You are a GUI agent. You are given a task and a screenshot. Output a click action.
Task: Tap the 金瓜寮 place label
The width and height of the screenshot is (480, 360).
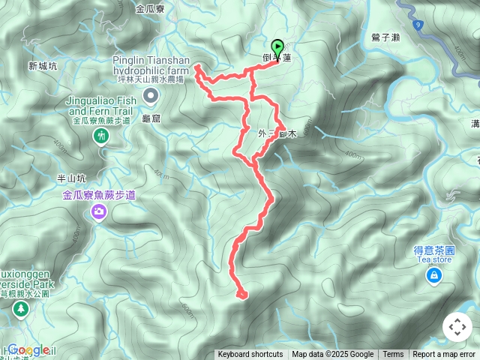[x=150, y=10]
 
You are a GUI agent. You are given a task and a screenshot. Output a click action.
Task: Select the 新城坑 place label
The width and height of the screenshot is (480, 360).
[x=43, y=66]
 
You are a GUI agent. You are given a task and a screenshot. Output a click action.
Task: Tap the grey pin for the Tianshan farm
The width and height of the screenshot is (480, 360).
[x=151, y=94]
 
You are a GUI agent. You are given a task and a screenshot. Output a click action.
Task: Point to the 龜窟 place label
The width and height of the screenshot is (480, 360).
[x=151, y=118]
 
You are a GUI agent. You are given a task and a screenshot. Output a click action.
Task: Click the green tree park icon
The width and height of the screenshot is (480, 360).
[x=19, y=309]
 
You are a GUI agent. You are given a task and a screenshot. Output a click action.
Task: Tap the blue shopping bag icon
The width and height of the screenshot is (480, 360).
[x=433, y=277]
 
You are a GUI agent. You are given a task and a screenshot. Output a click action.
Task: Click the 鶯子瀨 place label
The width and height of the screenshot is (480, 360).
[x=385, y=37]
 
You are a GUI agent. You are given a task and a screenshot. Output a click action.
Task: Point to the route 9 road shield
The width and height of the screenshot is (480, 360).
[x=419, y=25]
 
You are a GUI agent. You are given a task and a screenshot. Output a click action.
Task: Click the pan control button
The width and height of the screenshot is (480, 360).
[x=457, y=327]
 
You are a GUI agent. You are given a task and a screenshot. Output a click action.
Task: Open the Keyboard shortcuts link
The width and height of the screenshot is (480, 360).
[x=250, y=355]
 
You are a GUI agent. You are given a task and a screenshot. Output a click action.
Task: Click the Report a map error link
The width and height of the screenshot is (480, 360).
[x=444, y=355]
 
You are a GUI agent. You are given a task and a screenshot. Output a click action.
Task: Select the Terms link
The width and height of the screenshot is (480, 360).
[x=393, y=355]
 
